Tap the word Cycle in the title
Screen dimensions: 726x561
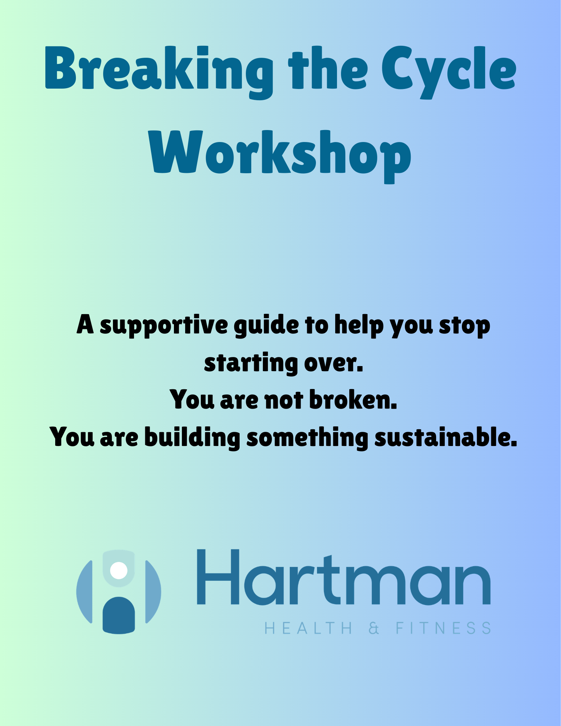tap(448, 69)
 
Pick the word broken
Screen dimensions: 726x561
tap(353, 400)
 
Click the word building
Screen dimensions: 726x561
tap(192, 437)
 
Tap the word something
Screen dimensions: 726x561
tap(307, 437)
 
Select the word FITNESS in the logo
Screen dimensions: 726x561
tap(443, 628)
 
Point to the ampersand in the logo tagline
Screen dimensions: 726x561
tap(374, 628)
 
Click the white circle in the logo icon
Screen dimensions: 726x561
tap(119, 571)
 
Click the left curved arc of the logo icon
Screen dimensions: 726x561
tap(85, 592)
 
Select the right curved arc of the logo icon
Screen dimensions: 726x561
tap(153, 592)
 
